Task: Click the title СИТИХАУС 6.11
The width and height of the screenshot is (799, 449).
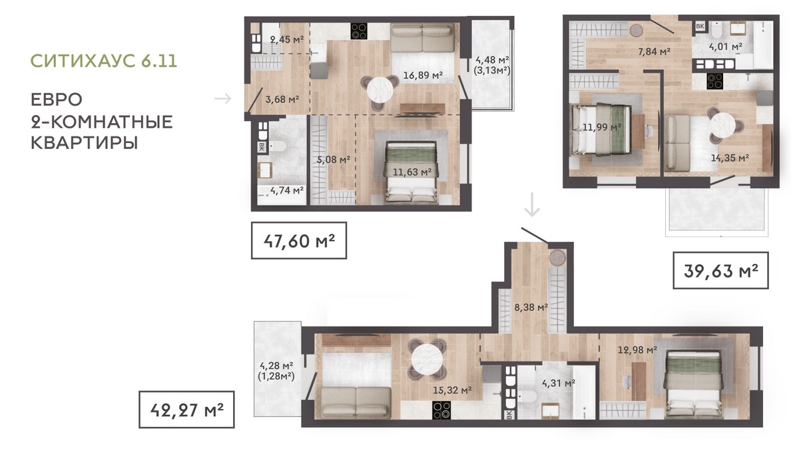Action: pyautogui.click(x=104, y=61)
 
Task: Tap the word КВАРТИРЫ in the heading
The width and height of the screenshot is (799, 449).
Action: pyautogui.click(x=84, y=143)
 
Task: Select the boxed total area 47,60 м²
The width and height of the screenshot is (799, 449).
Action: pyautogui.click(x=299, y=241)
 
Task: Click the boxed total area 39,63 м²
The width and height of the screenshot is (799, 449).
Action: pyautogui.click(x=721, y=271)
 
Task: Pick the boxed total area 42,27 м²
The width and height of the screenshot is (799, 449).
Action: pyautogui.click(x=186, y=410)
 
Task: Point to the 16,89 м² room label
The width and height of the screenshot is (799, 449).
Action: pyautogui.click(x=423, y=75)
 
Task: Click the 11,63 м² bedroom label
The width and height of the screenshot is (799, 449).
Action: pyautogui.click(x=412, y=172)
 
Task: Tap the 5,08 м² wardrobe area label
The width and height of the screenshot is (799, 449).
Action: pyautogui.click(x=334, y=159)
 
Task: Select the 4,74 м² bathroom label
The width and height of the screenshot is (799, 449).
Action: pyautogui.click(x=287, y=190)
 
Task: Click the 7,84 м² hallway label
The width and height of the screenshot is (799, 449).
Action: pyautogui.click(x=654, y=52)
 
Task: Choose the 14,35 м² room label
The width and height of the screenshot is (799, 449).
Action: pyautogui.click(x=730, y=158)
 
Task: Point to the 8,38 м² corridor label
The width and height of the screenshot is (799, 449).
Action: pyautogui.click(x=531, y=307)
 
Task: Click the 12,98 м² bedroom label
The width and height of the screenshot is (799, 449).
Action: pyautogui.click(x=637, y=350)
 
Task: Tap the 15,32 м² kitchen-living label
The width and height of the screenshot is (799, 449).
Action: pyautogui.click(x=452, y=390)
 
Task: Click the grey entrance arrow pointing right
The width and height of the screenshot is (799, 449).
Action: pyautogui.click(x=222, y=98)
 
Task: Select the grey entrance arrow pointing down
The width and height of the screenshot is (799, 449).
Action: pyautogui.click(x=532, y=205)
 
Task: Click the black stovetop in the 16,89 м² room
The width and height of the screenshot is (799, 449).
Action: pyautogui.click(x=359, y=31)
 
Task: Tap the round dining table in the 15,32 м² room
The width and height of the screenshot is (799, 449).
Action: pyautogui.click(x=427, y=359)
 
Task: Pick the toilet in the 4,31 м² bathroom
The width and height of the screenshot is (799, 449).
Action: pyautogui.click(x=527, y=395)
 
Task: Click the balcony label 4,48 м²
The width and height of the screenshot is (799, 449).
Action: pyautogui.click(x=491, y=59)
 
